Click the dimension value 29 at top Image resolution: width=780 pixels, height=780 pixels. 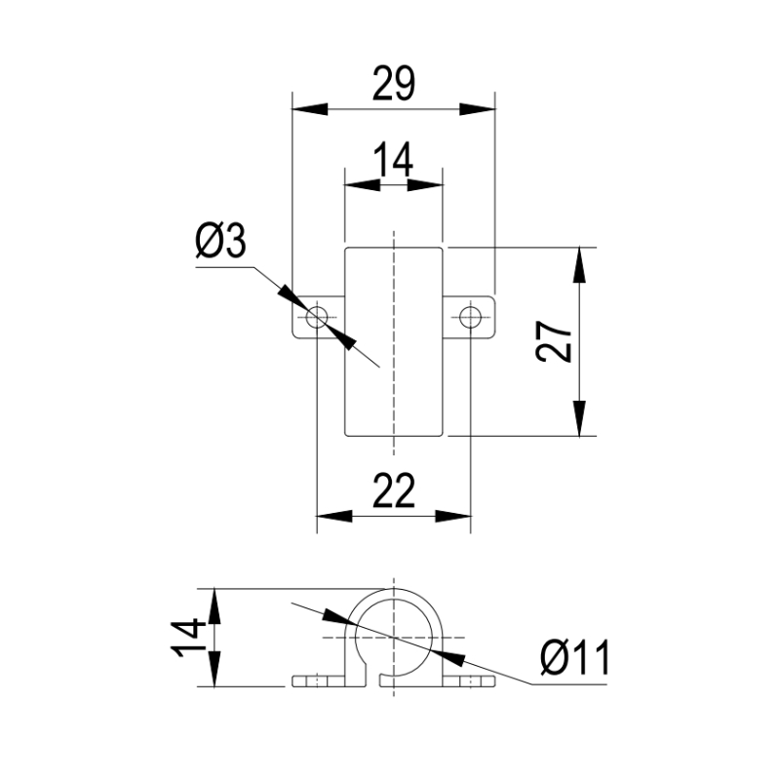coord(393,84)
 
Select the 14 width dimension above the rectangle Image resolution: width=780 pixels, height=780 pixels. coord(393,160)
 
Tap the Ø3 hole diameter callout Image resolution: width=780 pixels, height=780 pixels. coord(221,241)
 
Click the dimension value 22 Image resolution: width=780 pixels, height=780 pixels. coord(394,490)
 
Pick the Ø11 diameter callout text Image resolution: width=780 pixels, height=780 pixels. coord(574,657)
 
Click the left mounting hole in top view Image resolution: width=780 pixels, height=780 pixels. coord(317,317)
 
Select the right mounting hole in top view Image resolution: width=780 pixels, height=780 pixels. coord(470,317)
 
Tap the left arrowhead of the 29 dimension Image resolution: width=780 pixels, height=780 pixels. coord(310,109)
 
